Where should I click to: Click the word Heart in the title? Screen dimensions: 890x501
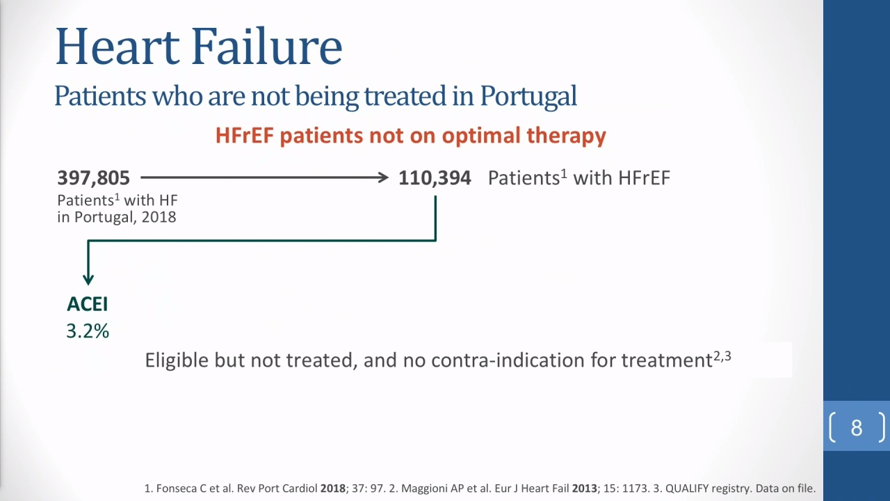(118, 46)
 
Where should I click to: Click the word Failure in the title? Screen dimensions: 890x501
(266, 46)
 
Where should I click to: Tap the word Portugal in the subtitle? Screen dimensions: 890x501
(528, 97)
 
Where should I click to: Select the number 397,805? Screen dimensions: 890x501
(93, 177)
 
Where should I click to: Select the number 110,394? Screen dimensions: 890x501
(435, 177)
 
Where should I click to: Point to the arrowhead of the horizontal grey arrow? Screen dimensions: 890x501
(383, 177)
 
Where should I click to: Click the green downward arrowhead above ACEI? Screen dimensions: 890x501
(88, 279)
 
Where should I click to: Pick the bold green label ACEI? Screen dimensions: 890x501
(88, 304)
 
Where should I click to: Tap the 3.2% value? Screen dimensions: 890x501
(88, 331)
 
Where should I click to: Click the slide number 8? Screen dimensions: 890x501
(857, 428)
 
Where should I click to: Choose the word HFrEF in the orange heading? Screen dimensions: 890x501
(245, 135)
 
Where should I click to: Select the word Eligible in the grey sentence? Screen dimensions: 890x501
(177, 360)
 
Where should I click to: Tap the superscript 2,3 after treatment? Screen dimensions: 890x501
(722, 356)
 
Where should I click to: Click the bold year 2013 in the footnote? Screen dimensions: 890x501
(585, 488)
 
